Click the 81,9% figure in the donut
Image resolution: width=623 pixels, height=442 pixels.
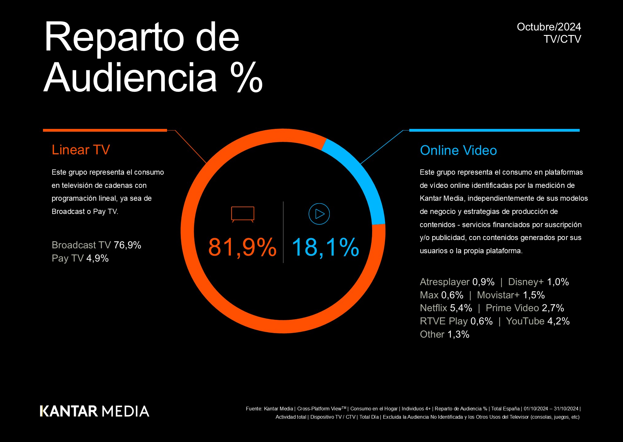point(242,247)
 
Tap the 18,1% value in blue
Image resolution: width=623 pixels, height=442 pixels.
point(325,247)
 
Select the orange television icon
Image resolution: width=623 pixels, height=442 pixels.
point(243,214)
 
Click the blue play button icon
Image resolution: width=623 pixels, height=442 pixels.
point(319,214)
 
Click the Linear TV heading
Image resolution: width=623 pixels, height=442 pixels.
point(81,150)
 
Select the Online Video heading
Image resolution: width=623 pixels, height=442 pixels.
point(458,150)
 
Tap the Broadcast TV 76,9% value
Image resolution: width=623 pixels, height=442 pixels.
point(127,245)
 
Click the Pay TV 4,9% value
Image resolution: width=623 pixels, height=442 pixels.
point(97,258)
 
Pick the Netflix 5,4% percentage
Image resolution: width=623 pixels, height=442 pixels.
point(461,308)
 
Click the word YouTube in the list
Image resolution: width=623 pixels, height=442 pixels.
point(525,321)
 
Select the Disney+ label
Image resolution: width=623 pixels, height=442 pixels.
point(526,282)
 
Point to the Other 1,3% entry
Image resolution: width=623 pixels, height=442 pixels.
point(444,334)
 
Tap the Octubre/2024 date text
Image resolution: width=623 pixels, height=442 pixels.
point(549,27)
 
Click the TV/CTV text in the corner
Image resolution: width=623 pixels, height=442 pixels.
point(562,39)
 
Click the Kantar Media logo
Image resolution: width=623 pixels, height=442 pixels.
point(95,411)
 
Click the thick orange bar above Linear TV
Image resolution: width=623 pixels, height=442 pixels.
point(105,130)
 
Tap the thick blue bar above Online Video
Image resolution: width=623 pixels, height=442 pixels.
point(494,130)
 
